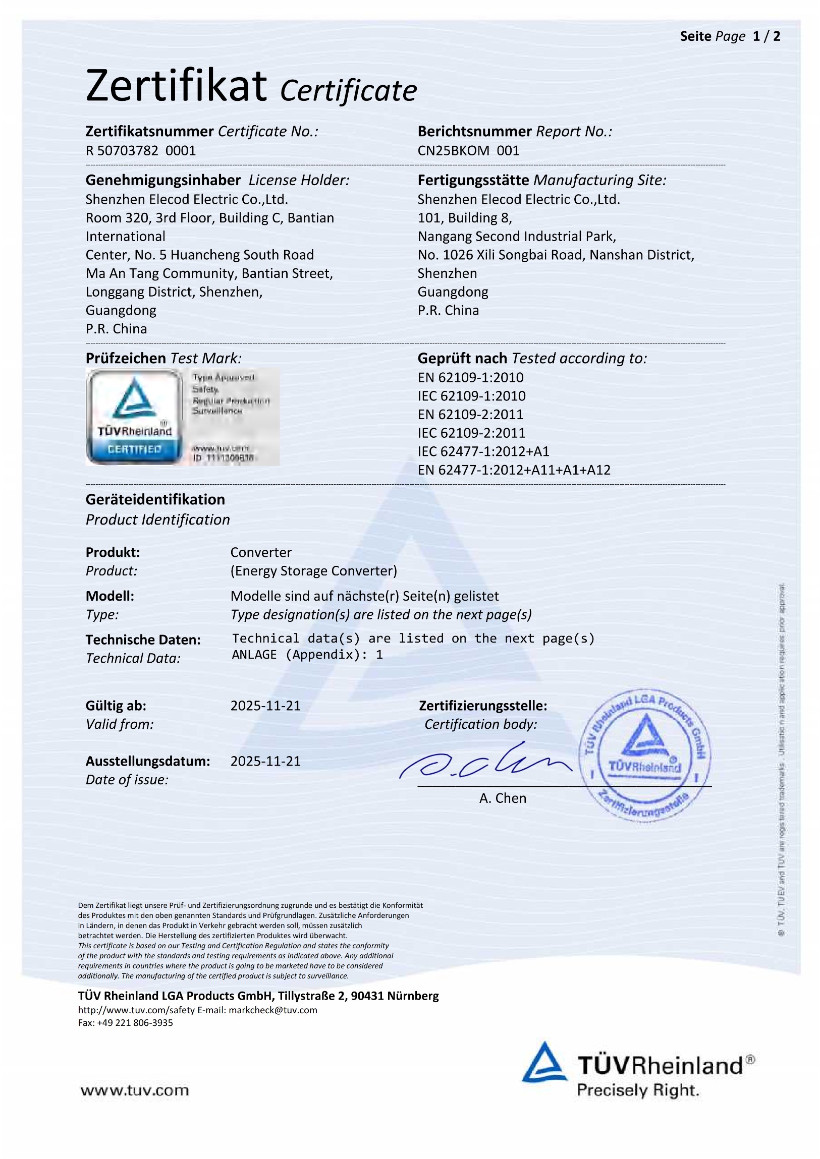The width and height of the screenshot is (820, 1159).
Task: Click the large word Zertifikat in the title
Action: [176, 86]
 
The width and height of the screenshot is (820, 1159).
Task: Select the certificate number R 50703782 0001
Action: [140, 150]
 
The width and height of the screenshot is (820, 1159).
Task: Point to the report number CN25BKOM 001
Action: [468, 150]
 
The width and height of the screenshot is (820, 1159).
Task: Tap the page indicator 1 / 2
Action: [766, 36]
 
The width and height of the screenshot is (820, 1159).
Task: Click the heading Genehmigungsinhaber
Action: [162, 180]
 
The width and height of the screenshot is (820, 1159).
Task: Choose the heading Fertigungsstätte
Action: [473, 180]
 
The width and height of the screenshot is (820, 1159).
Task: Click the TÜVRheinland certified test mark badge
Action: [134, 417]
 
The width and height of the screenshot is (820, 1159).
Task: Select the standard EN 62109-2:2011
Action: [470, 415]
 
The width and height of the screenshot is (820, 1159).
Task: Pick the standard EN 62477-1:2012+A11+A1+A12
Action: [514, 470]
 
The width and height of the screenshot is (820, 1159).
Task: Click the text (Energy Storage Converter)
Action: [313, 571]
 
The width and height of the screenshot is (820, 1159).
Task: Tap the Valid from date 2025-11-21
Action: [265, 706]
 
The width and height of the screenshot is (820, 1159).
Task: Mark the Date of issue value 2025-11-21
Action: [265, 761]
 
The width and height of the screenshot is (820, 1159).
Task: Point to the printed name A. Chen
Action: [503, 798]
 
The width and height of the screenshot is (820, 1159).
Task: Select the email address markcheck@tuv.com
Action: [272, 1010]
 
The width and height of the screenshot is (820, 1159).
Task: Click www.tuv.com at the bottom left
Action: [134, 1090]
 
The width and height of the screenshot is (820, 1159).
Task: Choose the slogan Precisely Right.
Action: [638, 1090]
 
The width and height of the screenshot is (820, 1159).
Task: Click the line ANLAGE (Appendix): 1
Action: [307, 655]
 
